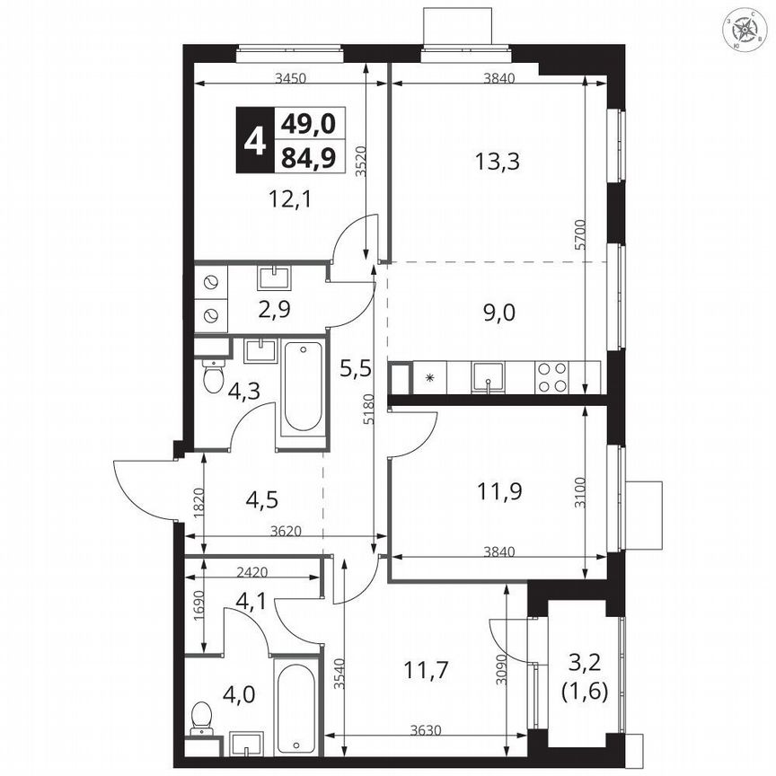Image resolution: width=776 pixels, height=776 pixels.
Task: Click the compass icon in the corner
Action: [746, 30]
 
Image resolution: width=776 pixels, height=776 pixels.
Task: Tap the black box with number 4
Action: [255, 141]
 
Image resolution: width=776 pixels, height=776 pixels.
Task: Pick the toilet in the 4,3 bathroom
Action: [212, 376]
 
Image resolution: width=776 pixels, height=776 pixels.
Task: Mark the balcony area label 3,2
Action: [589, 666]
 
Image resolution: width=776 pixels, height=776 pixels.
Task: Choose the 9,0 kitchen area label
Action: [498, 313]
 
